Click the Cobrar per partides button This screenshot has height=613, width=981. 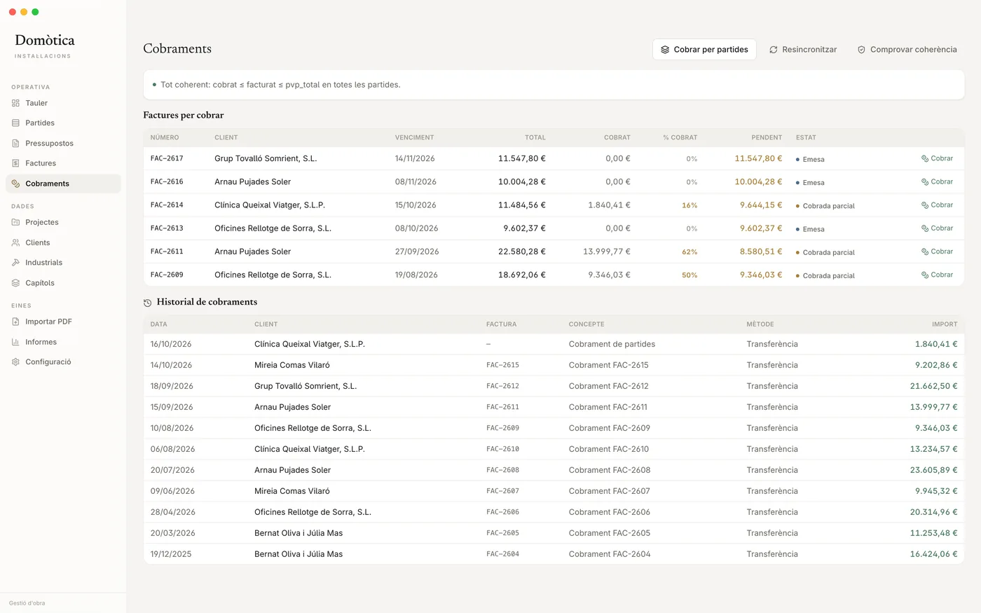704,50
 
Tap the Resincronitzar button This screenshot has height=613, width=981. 803,50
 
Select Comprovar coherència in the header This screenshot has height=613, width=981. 907,50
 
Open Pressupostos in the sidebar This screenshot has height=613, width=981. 49,143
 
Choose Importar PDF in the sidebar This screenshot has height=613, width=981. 48,322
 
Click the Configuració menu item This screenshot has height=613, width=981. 48,361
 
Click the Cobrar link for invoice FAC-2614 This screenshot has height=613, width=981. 938,205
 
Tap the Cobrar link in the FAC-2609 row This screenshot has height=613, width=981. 938,275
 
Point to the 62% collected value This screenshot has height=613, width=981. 690,252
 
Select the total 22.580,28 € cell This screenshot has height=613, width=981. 521,252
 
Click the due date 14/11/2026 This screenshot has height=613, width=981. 415,158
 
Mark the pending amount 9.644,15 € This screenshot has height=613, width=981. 761,205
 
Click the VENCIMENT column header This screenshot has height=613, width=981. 414,137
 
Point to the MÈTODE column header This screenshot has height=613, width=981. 760,324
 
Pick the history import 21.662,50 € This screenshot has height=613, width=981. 933,386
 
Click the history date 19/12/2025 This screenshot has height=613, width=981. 171,554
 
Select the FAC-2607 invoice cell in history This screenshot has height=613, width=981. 502,491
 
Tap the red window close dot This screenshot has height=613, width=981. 13,12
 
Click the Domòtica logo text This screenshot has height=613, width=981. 45,41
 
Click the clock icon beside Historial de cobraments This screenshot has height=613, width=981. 148,303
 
